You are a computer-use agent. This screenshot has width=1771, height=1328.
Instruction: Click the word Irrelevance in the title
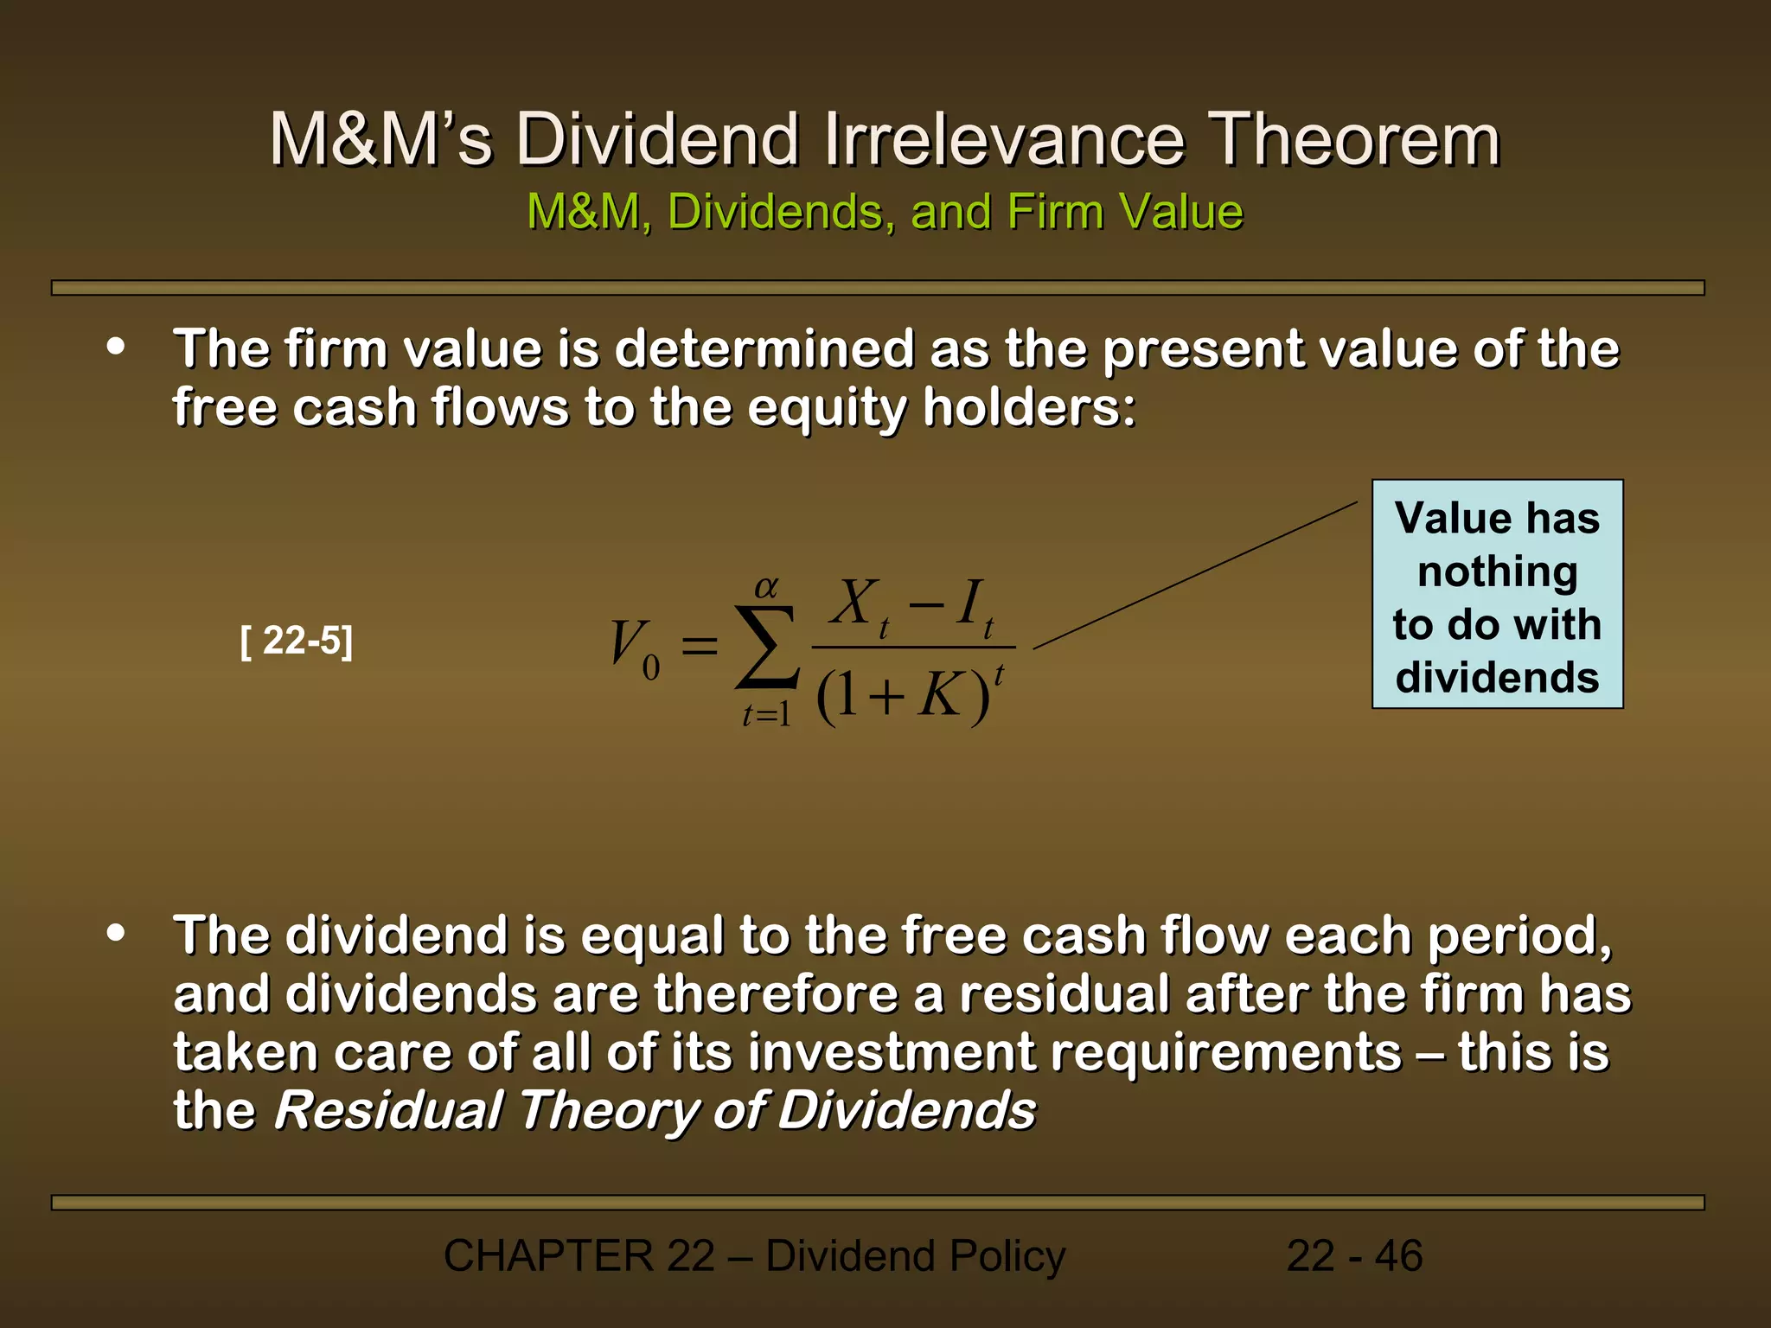tap(1004, 140)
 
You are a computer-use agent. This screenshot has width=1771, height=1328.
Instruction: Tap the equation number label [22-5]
tap(297, 642)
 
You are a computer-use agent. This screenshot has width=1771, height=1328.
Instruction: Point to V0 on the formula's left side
tap(634, 649)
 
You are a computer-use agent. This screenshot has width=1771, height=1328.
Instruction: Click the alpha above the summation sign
tap(766, 588)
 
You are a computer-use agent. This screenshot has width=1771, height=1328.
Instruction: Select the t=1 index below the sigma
tap(766, 715)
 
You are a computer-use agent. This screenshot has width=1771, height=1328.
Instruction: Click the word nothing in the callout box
tap(1497, 572)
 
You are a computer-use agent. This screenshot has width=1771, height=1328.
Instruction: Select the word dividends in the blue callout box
tap(1497, 678)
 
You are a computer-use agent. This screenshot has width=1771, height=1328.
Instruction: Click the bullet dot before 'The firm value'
tap(116, 348)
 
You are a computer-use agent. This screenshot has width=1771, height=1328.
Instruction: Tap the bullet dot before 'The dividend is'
tap(116, 934)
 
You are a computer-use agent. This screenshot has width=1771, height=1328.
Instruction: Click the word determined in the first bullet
tap(764, 349)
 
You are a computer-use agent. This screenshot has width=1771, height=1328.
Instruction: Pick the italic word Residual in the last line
tap(388, 1110)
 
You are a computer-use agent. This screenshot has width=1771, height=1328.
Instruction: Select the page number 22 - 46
tap(1354, 1256)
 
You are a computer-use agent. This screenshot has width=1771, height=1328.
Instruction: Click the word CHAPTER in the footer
tap(548, 1256)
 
